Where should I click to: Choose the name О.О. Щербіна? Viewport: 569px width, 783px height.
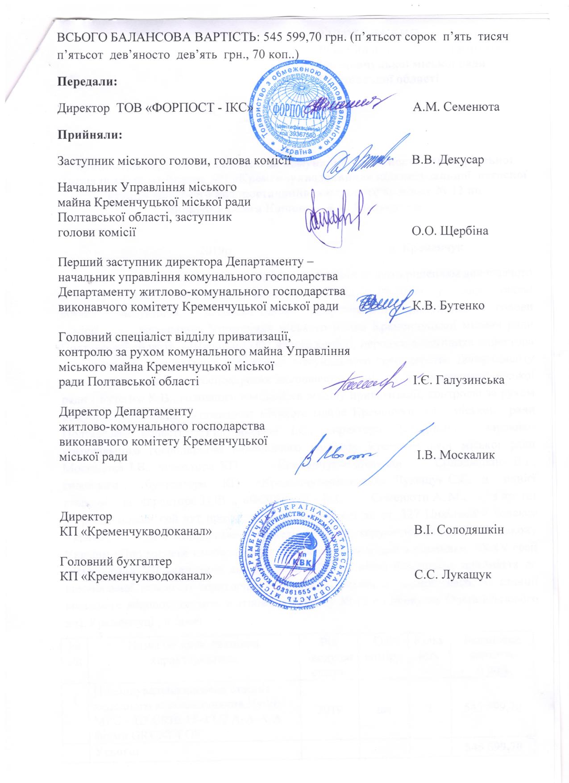[x=450, y=231]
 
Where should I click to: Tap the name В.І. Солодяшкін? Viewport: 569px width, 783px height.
[x=459, y=530]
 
